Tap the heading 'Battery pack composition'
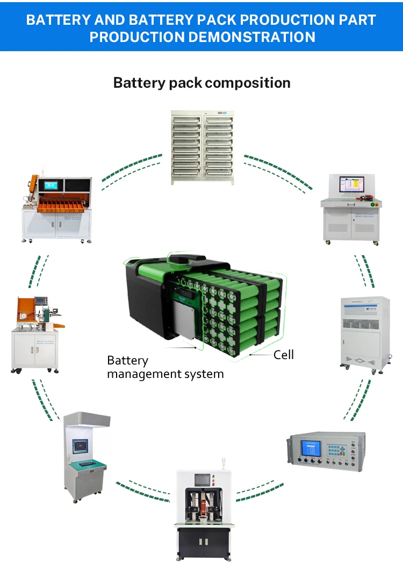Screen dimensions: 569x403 [201, 83]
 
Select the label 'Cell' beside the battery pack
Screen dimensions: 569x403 [284, 355]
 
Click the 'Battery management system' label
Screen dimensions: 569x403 [165, 367]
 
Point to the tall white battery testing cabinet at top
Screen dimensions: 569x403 [203, 147]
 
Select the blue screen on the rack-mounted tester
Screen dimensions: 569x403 [312, 448]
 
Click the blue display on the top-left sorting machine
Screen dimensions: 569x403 [52, 185]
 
